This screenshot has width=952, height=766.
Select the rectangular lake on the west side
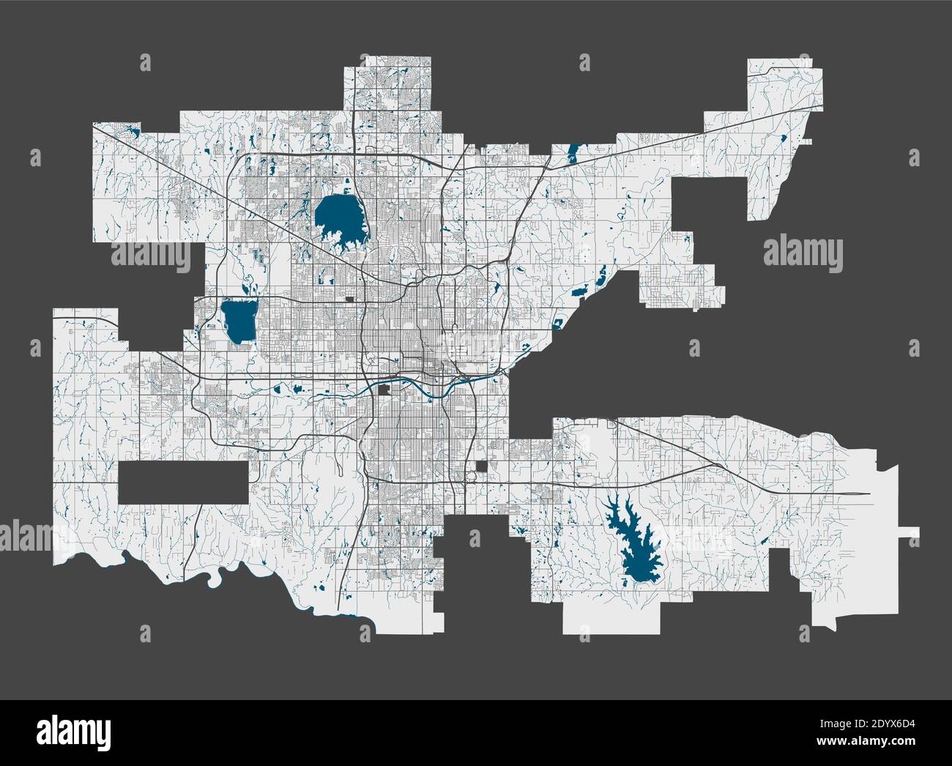(x=238, y=321)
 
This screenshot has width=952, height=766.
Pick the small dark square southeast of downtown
(x=482, y=466)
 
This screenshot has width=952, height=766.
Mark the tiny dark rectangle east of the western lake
(x=350, y=299)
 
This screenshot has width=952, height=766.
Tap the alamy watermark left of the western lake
(x=150, y=253)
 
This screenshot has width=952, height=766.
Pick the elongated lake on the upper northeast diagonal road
(x=572, y=152)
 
